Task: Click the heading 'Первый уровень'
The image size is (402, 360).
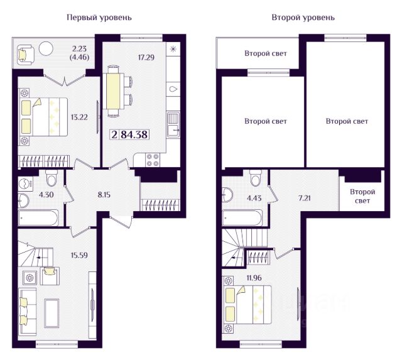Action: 99,18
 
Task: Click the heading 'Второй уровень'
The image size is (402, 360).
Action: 303,18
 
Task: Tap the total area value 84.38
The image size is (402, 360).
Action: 134,134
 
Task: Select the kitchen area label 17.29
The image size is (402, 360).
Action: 146,57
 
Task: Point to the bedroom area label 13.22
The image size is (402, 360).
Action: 79,117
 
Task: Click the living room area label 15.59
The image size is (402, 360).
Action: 79,255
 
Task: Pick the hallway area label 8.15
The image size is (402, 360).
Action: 104,195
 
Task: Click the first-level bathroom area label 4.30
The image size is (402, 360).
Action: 46,195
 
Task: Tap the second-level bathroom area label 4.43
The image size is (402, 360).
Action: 254,198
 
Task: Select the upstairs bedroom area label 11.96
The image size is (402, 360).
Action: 254,278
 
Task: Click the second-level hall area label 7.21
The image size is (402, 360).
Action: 304,198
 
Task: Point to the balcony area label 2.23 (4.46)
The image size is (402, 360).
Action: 80,53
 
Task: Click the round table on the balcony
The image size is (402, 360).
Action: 46,48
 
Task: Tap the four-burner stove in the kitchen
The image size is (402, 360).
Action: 152,160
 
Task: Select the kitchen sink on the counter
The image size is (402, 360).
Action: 173,124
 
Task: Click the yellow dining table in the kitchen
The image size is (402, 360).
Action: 113,91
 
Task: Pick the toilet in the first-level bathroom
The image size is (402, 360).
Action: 52,177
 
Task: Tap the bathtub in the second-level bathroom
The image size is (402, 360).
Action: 242,218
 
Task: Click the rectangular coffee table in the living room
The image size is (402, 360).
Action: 52,313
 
